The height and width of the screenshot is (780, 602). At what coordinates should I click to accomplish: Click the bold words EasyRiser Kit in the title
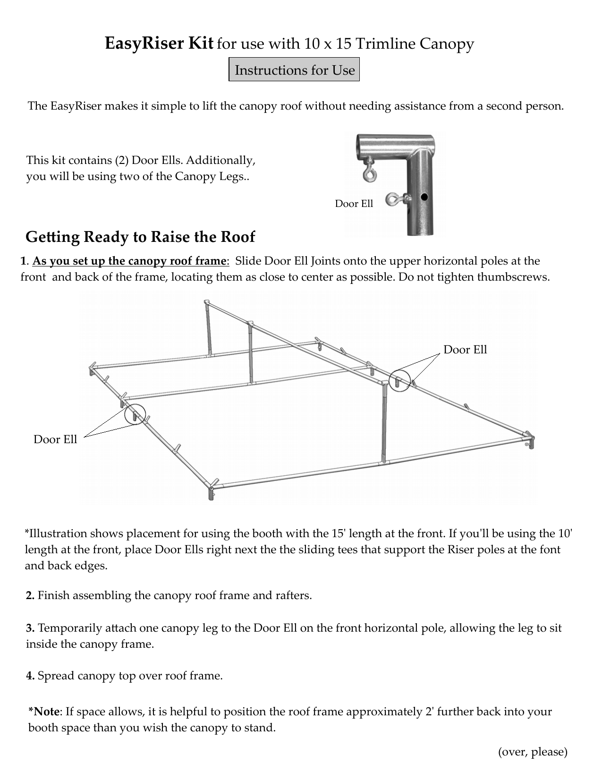(x=159, y=43)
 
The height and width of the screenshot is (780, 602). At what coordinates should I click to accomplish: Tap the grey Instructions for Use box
(x=294, y=69)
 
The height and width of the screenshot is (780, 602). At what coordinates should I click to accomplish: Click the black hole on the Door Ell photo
(x=424, y=197)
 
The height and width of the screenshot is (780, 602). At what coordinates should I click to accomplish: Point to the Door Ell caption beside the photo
(x=354, y=204)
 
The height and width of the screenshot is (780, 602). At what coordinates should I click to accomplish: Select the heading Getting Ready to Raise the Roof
(x=140, y=237)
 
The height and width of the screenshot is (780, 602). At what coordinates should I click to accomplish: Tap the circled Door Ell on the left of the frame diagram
(x=135, y=414)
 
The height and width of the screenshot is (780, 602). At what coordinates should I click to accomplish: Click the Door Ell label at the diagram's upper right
(x=466, y=350)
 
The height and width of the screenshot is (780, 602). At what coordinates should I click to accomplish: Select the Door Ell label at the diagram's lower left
(x=55, y=439)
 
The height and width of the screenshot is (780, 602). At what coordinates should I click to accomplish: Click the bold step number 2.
(x=30, y=595)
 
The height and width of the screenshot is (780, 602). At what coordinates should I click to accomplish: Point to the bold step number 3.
(x=30, y=628)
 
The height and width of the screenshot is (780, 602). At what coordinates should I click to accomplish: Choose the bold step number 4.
(x=30, y=676)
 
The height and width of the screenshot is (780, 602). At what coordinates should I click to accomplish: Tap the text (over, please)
(x=533, y=751)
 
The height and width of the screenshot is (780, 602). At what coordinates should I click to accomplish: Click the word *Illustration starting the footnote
(x=56, y=533)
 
